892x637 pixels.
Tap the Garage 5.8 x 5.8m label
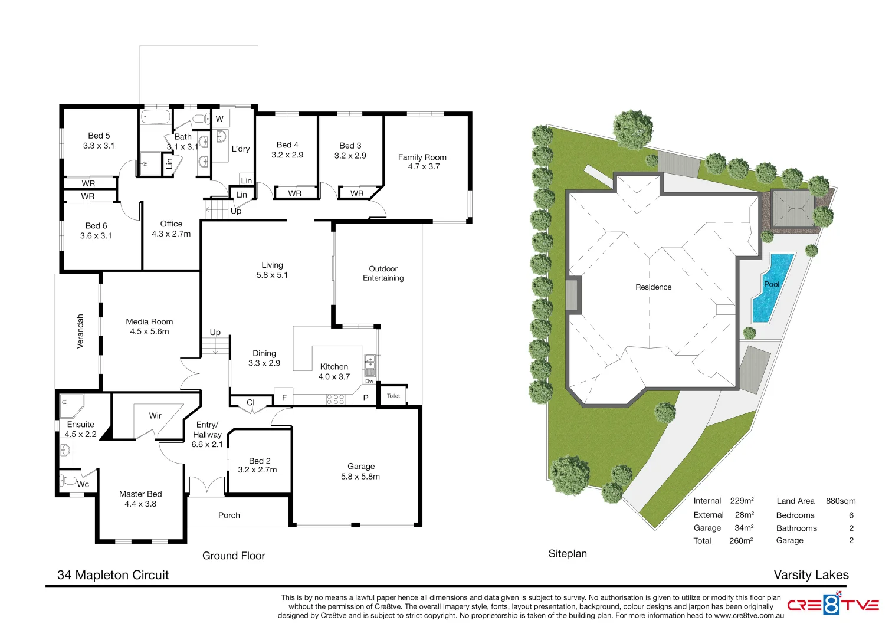tap(360, 471)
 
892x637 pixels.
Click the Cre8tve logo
tap(832, 605)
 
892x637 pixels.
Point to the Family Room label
tap(422, 162)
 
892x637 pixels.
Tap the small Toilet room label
tap(393, 396)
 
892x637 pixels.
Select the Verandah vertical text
tap(80, 331)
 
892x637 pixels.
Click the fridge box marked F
tap(284, 398)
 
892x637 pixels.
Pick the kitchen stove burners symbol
tap(336, 399)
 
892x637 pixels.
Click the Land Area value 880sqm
tap(841, 501)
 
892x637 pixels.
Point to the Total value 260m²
tap(741, 541)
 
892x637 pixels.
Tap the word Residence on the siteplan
tap(653, 287)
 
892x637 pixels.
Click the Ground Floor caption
tap(234, 556)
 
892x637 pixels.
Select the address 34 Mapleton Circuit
tap(113, 575)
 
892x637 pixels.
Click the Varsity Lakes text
tap(811, 575)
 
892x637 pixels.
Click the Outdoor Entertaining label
tap(383, 273)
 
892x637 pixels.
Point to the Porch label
tap(229, 515)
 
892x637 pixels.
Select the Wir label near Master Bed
tap(155, 416)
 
